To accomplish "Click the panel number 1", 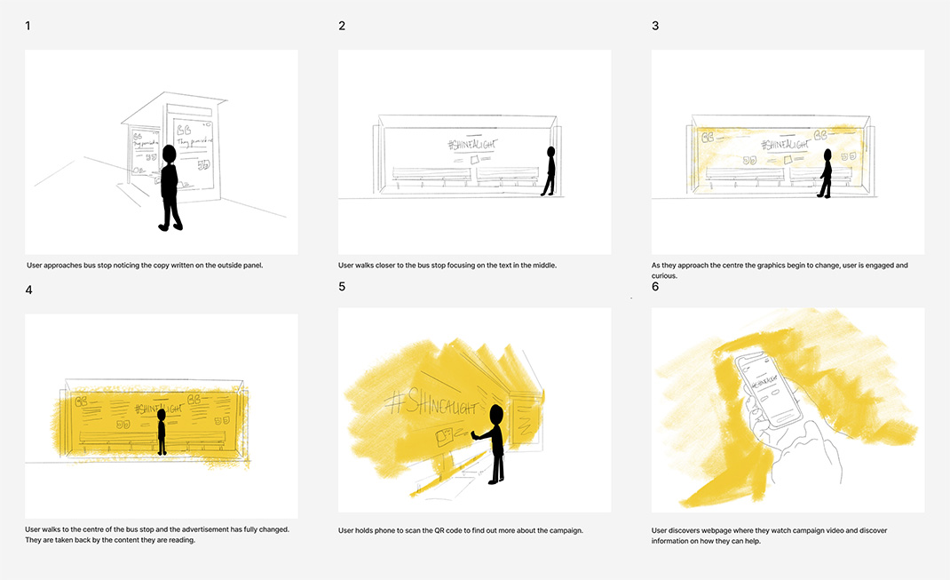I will tap(28, 26).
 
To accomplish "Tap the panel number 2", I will tap(342, 26).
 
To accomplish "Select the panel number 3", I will tap(655, 26).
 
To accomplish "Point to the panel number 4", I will tap(28, 290).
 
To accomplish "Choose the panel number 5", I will tap(342, 287).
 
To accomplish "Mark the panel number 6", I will tap(655, 287).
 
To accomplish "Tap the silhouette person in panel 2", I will tap(550, 171).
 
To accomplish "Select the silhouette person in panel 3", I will tap(827, 173).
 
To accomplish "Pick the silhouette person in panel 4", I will tap(162, 432).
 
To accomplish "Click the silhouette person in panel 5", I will tap(494, 443).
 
